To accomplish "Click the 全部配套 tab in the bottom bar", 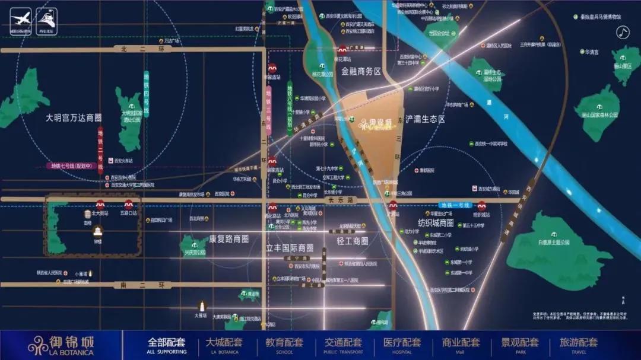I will point(166,345).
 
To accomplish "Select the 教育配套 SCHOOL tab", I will point(283,345).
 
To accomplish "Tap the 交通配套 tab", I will point(342,345).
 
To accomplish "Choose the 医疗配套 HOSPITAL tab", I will point(401,345).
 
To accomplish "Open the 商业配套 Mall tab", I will point(460,345).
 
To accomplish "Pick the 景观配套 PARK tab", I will point(519,345).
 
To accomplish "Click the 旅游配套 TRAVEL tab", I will point(578,345).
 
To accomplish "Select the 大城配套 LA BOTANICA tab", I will point(224,345).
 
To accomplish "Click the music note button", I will point(622,33).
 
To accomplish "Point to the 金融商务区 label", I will point(361,72).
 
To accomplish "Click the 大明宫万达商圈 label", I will point(74,118).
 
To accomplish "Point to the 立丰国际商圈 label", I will point(290,247).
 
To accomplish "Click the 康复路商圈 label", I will point(229,239).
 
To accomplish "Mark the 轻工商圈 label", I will point(353,241).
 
